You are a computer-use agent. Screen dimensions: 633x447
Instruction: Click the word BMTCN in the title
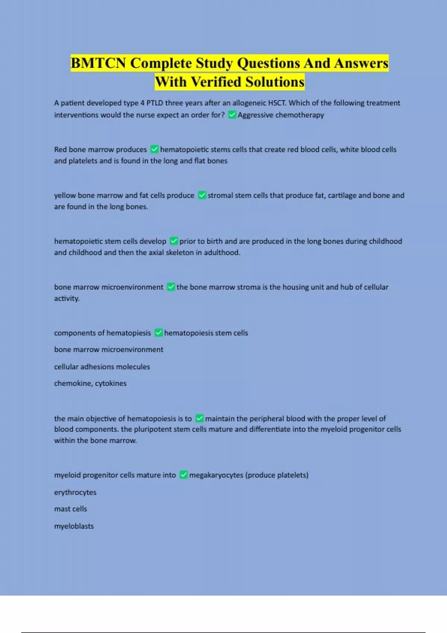pyautogui.click(x=98, y=63)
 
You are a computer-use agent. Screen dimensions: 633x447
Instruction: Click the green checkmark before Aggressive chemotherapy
pyautogui.click(x=232, y=115)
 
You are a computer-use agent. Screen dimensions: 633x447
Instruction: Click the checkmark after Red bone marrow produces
pyautogui.click(x=154, y=149)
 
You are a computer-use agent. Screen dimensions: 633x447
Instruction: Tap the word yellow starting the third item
pyautogui.click(x=65, y=195)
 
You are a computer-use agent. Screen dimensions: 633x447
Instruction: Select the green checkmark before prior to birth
pyautogui.click(x=174, y=241)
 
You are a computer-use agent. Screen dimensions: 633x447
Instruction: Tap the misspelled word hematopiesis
pyautogui.click(x=129, y=333)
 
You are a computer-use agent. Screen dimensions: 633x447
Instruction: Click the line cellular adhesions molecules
pyautogui.click(x=102, y=367)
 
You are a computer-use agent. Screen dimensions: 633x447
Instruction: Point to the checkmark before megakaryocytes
pyautogui.click(x=183, y=475)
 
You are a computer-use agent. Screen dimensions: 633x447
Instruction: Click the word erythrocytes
pyautogui.click(x=75, y=492)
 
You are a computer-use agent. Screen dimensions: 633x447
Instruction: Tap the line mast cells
pyautogui.click(x=70, y=509)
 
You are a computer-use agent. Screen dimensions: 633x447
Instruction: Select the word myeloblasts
pyautogui.click(x=74, y=526)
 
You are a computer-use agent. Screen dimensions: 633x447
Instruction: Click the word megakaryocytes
pyautogui.click(x=216, y=475)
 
